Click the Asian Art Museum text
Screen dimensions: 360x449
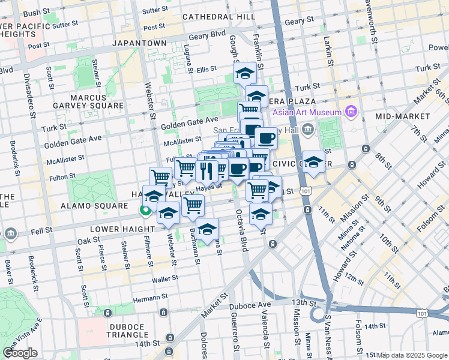(x=306, y=112)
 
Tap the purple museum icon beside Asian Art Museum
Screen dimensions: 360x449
(x=351, y=112)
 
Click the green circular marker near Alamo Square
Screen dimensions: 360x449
(x=145, y=210)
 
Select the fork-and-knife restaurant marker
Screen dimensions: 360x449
(x=206, y=170)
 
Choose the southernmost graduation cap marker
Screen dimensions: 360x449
(x=207, y=229)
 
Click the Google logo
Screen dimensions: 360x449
(x=20, y=352)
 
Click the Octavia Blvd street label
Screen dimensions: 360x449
(x=243, y=230)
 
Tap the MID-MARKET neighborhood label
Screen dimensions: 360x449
(x=400, y=116)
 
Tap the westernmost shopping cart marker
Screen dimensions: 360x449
(x=160, y=177)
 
